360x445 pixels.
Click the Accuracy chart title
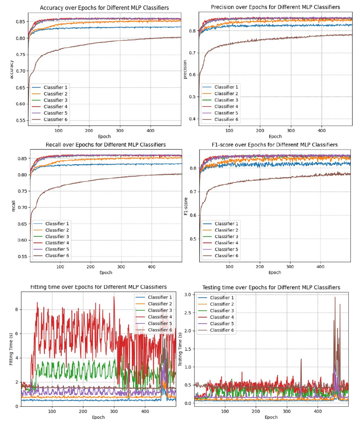(104, 8)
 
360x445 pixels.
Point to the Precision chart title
(275, 7)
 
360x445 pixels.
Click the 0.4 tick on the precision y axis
(192, 119)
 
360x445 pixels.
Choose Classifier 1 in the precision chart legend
(226, 87)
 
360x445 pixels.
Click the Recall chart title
(106, 144)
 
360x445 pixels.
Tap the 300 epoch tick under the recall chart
(121, 266)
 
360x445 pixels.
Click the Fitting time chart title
(98, 287)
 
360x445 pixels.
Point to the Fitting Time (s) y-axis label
(12, 349)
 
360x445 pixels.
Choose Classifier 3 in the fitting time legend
(160, 310)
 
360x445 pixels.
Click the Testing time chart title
(271, 288)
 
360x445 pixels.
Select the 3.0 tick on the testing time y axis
(188, 295)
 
